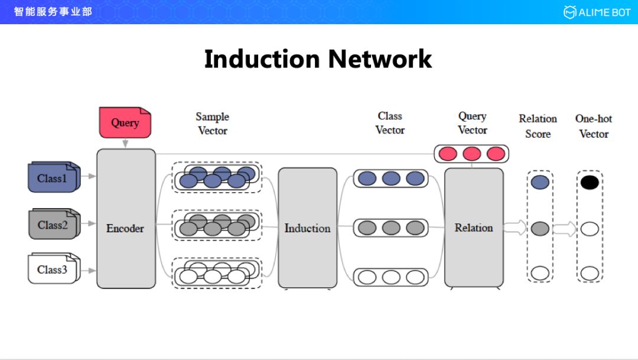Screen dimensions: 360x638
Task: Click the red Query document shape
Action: point(125,122)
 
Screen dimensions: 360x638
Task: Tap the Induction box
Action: point(307,228)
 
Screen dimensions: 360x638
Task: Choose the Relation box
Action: point(474,228)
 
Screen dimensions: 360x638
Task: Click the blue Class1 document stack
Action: point(53,177)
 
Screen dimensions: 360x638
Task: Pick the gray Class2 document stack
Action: point(53,224)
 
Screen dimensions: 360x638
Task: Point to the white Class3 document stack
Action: point(53,269)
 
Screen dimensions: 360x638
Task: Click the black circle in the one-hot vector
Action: point(590,182)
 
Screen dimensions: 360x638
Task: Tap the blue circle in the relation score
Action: point(540,182)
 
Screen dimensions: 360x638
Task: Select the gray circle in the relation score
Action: point(540,228)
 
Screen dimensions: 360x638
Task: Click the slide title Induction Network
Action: point(318,59)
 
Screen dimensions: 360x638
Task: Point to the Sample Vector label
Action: point(213,124)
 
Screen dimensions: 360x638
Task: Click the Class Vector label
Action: point(390,123)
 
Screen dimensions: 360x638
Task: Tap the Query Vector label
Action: point(473,123)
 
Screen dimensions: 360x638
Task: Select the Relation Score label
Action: point(538,127)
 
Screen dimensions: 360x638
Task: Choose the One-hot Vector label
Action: point(594,127)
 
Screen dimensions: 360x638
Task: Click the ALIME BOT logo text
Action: point(603,12)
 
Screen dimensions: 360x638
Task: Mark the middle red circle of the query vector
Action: point(471,154)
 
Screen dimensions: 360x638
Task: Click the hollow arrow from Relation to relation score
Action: point(515,228)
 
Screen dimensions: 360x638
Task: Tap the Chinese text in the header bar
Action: point(53,11)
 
